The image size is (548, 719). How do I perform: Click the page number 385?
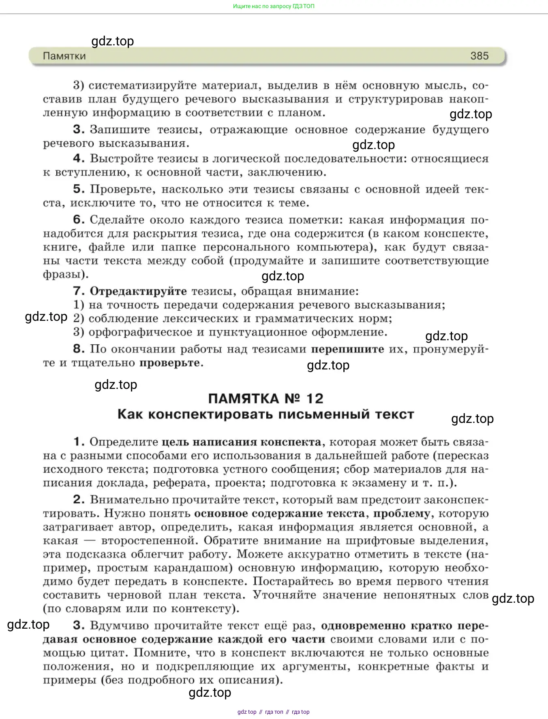(479, 56)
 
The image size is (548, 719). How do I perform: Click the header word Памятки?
(64, 56)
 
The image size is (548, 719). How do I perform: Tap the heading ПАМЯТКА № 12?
(265, 399)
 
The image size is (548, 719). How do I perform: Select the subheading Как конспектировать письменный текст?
(265, 414)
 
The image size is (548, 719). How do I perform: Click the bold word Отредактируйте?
(138, 291)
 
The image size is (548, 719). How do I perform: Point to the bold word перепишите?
(347, 349)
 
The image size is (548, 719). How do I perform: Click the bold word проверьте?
(170, 363)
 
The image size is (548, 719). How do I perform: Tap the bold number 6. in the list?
(79, 220)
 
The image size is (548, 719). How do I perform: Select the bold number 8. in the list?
(79, 349)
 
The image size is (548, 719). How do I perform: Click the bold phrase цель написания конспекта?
(241, 442)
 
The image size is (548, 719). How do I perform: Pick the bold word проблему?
(401, 514)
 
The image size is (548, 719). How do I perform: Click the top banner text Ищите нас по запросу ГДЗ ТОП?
(274, 6)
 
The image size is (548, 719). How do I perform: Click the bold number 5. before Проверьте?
(79, 189)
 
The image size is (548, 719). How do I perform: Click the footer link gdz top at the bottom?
(247, 712)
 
